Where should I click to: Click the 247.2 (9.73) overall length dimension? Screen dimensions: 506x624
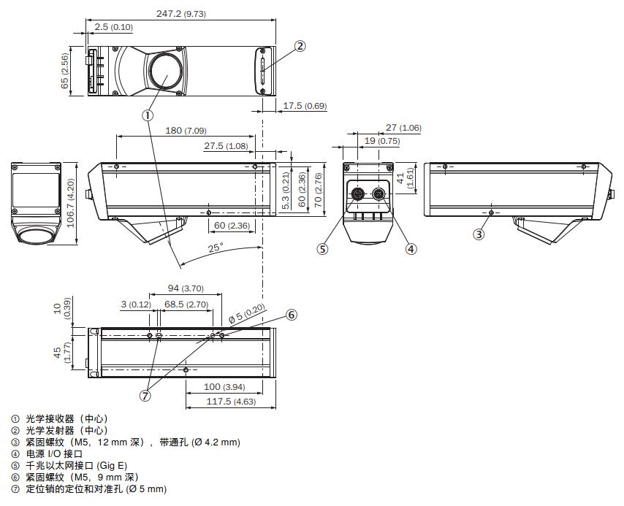[x=181, y=13]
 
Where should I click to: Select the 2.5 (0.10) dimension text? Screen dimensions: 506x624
[x=113, y=27]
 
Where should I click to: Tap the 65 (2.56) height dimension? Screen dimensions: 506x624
[x=65, y=71]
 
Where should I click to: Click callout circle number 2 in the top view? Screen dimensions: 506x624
[x=300, y=46]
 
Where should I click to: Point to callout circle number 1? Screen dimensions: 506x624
[x=148, y=115]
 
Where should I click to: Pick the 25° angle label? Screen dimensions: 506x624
[x=215, y=248]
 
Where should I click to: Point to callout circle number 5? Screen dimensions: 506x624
[x=323, y=248]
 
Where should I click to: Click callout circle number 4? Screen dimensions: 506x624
[x=411, y=248]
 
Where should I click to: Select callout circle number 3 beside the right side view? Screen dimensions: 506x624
[x=479, y=234]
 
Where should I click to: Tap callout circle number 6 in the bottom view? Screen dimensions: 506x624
[x=292, y=315]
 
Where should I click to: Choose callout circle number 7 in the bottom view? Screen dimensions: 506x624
[x=145, y=396]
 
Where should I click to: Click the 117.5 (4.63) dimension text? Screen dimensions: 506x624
[x=229, y=402]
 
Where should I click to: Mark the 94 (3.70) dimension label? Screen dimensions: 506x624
[x=183, y=288]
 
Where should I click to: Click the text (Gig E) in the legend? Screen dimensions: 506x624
[x=112, y=465]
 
